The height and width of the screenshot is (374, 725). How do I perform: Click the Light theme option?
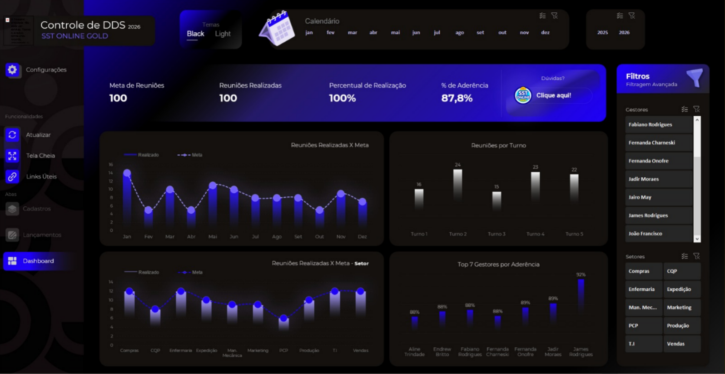[223, 34]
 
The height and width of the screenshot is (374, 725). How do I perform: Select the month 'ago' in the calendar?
[460, 33]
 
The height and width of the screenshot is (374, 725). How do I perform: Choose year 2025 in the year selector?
[602, 33]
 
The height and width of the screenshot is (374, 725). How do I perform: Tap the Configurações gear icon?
[12, 70]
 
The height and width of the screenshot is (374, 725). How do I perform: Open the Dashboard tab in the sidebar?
[38, 261]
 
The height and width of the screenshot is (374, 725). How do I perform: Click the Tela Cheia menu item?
[40, 155]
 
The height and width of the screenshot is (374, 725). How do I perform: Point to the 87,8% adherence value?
[457, 98]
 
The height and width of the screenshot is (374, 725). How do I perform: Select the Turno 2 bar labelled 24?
[457, 184]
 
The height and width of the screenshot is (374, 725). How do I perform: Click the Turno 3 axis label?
[497, 234]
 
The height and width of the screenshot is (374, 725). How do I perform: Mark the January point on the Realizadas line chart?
[127, 173]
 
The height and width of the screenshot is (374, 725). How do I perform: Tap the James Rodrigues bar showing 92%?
[581, 295]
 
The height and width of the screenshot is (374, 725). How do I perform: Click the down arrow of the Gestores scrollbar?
[697, 239]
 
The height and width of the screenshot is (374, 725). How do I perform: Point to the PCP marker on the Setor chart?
[283, 318]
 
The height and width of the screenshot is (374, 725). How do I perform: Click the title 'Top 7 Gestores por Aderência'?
[498, 264]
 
